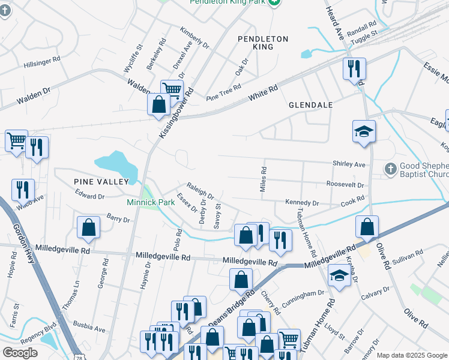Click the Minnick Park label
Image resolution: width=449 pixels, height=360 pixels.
click(x=151, y=202)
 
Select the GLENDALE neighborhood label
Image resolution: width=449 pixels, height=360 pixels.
click(x=310, y=105)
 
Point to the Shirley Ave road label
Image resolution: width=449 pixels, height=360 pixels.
click(x=349, y=164)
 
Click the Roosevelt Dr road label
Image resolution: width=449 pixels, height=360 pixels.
click(x=345, y=184)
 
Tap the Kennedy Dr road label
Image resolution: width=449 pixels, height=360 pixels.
click(x=302, y=203)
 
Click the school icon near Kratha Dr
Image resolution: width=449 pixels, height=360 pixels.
click(x=339, y=276)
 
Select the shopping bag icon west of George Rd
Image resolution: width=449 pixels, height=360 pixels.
click(x=88, y=227)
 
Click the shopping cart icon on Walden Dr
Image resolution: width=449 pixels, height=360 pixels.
click(x=172, y=90)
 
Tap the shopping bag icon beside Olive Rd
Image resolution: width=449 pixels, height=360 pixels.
click(x=367, y=226)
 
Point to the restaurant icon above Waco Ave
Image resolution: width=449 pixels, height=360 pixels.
click(x=23, y=188)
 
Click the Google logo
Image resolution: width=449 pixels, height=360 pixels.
click(x=20, y=353)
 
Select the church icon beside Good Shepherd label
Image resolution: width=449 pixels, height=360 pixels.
click(x=390, y=168)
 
